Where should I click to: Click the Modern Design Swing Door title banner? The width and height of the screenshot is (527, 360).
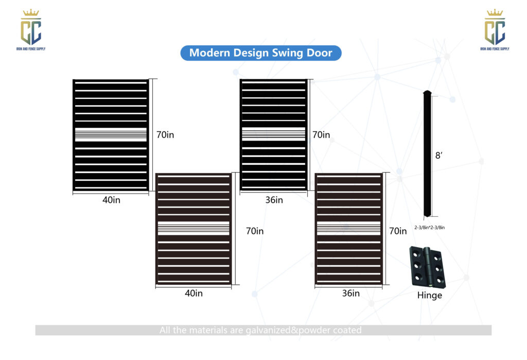[260, 53]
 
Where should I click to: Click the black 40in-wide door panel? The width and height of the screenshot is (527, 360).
[111, 135]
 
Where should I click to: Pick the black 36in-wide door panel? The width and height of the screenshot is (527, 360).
[274, 135]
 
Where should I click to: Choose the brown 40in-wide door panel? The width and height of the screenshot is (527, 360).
[194, 229]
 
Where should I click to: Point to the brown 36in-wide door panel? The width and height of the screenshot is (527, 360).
[349, 229]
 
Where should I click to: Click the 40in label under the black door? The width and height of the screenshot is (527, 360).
[111, 200]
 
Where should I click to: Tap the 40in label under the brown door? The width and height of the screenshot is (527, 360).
[194, 293]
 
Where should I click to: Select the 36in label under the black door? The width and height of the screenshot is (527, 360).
[274, 200]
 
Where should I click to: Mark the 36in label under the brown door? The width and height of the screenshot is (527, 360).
[350, 293]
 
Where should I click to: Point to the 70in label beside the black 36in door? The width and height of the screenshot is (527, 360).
[321, 135]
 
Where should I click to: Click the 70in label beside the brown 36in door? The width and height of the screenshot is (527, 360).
[398, 231]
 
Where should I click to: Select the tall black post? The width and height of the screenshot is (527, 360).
[427, 154]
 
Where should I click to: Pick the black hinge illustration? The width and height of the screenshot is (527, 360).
[427, 267]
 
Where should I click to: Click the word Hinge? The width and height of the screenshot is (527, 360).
[429, 296]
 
